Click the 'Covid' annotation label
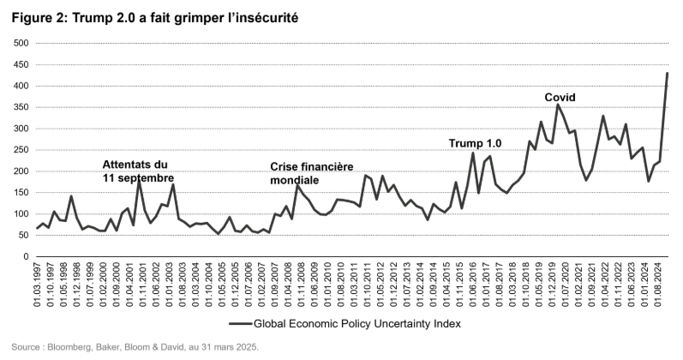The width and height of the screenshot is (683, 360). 560,96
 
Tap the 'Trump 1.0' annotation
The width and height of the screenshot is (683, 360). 476,143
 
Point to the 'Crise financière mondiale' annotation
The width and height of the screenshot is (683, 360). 312,174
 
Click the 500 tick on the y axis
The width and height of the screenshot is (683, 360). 17,44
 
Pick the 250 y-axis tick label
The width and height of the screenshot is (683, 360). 17,150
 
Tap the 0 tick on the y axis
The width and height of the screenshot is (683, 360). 24,256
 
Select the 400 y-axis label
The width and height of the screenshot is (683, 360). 17,87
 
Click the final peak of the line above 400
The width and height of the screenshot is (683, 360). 668,74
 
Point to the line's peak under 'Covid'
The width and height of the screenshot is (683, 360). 558,105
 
